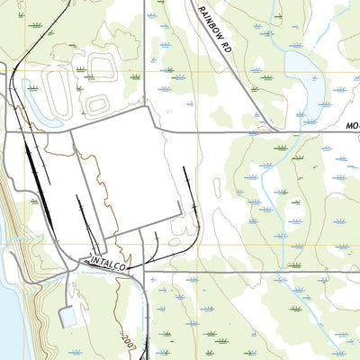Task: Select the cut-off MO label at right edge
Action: [352, 127]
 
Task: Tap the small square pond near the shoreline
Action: [68, 317]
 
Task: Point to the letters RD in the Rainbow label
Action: [226, 49]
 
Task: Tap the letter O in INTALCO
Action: [124, 269]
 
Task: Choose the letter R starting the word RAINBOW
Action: [200, 10]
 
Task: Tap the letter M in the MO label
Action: [347, 127]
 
